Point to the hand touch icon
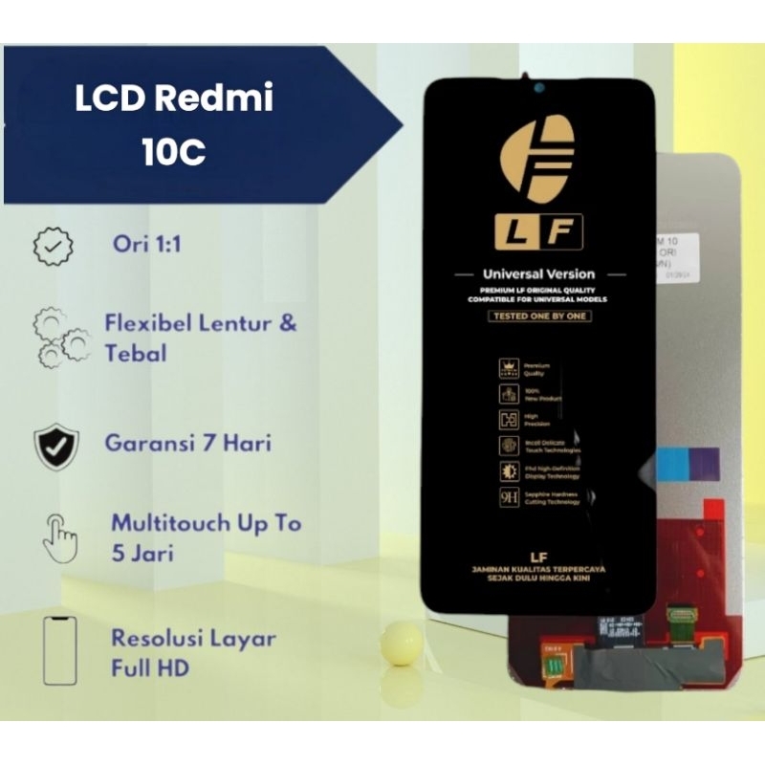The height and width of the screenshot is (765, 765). point(59,536)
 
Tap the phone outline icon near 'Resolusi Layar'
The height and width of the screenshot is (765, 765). point(59,650)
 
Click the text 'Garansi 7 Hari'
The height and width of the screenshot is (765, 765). point(187,443)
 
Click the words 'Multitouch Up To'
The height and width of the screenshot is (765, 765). point(206,523)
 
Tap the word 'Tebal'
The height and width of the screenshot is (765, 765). point(136,353)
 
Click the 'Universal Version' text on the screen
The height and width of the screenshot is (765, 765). point(538,274)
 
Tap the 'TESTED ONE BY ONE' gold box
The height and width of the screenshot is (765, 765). point(539,316)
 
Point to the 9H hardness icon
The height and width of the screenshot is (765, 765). point(508,498)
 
